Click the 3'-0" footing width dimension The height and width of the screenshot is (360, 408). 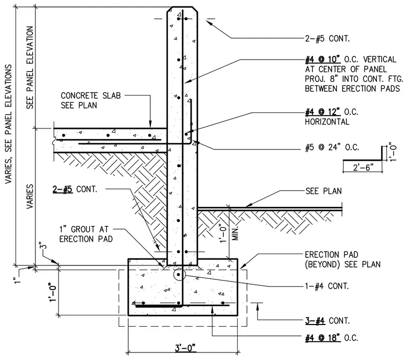(185, 348)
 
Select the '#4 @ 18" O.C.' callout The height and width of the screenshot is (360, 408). (332, 338)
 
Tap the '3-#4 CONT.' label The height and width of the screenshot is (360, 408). (327, 320)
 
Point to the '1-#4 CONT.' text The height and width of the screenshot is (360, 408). (326, 286)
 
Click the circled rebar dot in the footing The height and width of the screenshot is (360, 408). (178, 275)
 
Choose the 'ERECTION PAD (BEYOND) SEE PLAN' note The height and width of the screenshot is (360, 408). (343, 260)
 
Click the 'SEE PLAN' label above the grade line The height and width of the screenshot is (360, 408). (323, 191)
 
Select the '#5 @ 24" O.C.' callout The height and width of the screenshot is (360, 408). (332, 147)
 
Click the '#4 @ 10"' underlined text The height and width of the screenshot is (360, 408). (323, 60)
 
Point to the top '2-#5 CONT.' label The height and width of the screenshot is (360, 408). (327, 39)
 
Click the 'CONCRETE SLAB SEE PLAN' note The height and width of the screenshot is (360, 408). (91, 100)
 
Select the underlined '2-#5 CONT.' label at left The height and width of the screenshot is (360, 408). (75, 189)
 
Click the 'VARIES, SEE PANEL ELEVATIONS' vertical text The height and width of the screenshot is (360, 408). (9, 124)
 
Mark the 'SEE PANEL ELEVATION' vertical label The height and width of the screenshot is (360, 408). (30, 68)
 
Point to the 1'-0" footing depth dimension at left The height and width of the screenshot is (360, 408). (53, 292)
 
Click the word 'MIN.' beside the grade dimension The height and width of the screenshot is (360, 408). (236, 233)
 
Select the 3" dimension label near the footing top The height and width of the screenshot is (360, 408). (43, 247)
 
